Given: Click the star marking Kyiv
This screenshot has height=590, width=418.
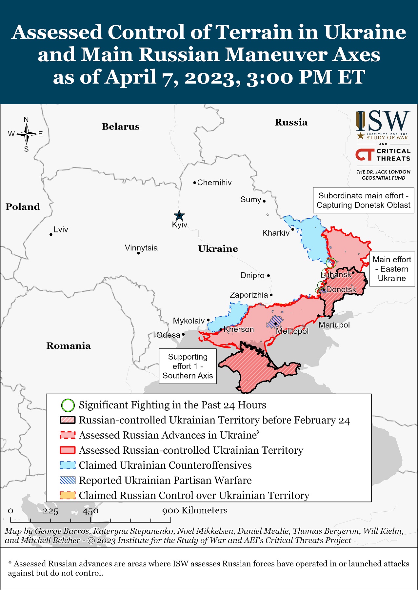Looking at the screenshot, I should (179, 216).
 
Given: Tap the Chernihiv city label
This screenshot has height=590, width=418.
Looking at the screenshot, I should (214, 183).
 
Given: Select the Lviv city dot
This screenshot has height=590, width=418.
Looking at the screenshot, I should (51, 234).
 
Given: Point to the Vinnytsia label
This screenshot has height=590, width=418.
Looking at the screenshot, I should (141, 248).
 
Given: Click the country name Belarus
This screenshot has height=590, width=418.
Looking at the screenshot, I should (121, 127).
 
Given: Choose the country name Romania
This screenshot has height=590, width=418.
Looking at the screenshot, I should (69, 346).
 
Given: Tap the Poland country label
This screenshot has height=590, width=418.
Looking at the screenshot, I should (23, 207).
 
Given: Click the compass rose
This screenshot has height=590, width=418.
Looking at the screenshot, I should (26, 134).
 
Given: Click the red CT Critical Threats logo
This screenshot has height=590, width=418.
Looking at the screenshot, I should (365, 155).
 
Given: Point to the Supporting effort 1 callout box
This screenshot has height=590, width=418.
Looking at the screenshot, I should (188, 366).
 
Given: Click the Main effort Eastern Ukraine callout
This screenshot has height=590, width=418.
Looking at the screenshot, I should (392, 269).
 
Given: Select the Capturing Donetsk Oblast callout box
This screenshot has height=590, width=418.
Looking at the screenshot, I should (363, 200).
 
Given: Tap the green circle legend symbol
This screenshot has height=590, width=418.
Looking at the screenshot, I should (68, 405).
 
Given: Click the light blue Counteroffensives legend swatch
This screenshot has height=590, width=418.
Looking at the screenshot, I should (68, 465).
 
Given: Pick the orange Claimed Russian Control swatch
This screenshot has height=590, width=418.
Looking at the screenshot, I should (68, 495).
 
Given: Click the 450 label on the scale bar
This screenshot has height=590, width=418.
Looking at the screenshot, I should (90, 511).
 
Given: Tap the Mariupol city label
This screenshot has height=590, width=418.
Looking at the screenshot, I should (334, 325).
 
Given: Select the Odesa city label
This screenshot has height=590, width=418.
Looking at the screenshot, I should (168, 335).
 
